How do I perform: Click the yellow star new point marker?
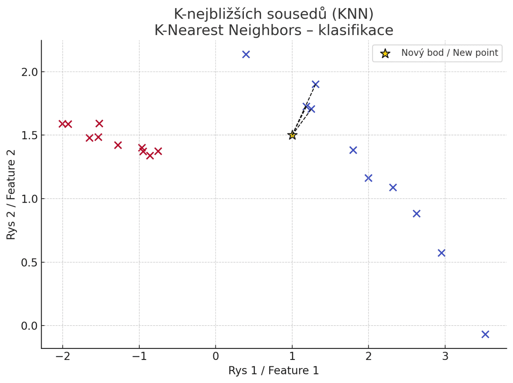pyautogui.click(x=292, y=135)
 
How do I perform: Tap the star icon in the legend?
pyautogui.click(x=385, y=53)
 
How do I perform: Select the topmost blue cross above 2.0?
pyautogui.click(x=246, y=54)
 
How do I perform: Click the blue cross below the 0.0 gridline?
pyautogui.click(x=485, y=334)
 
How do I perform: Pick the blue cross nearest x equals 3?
pyautogui.click(x=441, y=253)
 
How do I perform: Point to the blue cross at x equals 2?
pyautogui.click(x=368, y=178)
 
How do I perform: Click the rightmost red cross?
pyautogui.click(x=158, y=151)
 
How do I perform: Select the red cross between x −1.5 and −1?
pyautogui.click(x=118, y=145)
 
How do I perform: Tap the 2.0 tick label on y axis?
pyautogui.click(x=30, y=72)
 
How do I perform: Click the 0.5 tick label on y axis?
pyautogui.click(x=30, y=262)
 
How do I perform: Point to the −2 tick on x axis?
pyautogui.click(x=62, y=356)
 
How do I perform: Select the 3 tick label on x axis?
pyautogui.click(x=445, y=356)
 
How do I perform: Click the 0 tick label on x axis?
pyautogui.click(x=216, y=356)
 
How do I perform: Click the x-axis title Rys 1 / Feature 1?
pyautogui.click(x=274, y=370)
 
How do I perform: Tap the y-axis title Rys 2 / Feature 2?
pyautogui.click(x=11, y=194)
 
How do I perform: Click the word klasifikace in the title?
pyautogui.click(x=356, y=30)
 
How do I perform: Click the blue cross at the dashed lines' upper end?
pyautogui.click(x=315, y=84)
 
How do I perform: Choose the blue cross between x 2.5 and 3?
pyautogui.click(x=416, y=213)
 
